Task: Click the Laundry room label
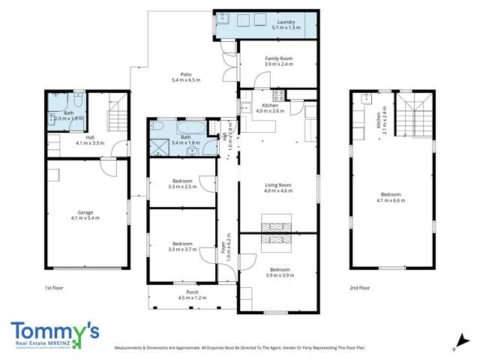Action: tap(286, 22)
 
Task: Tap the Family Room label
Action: tap(278, 58)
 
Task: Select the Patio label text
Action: tap(181, 75)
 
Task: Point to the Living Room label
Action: tap(278, 185)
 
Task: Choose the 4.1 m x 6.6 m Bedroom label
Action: tap(392, 199)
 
